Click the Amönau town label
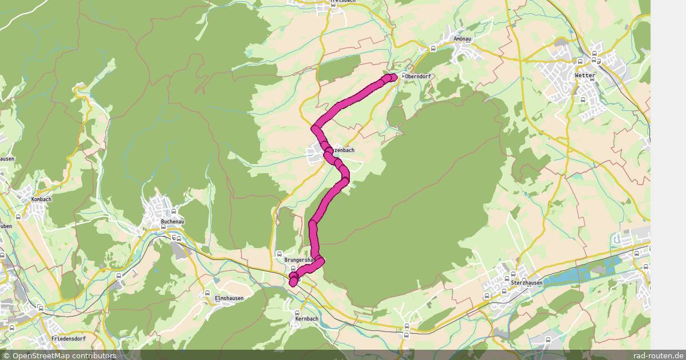(x=461, y=39)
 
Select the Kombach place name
(x=42, y=199)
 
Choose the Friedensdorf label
(x=68, y=339)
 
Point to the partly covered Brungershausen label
(x=298, y=260)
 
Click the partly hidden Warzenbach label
(x=344, y=150)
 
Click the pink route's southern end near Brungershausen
(x=293, y=282)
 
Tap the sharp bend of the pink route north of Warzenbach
(x=315, y=127)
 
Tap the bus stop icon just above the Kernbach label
(x=297, y=313)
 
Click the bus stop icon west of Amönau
(x=435, y=47)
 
